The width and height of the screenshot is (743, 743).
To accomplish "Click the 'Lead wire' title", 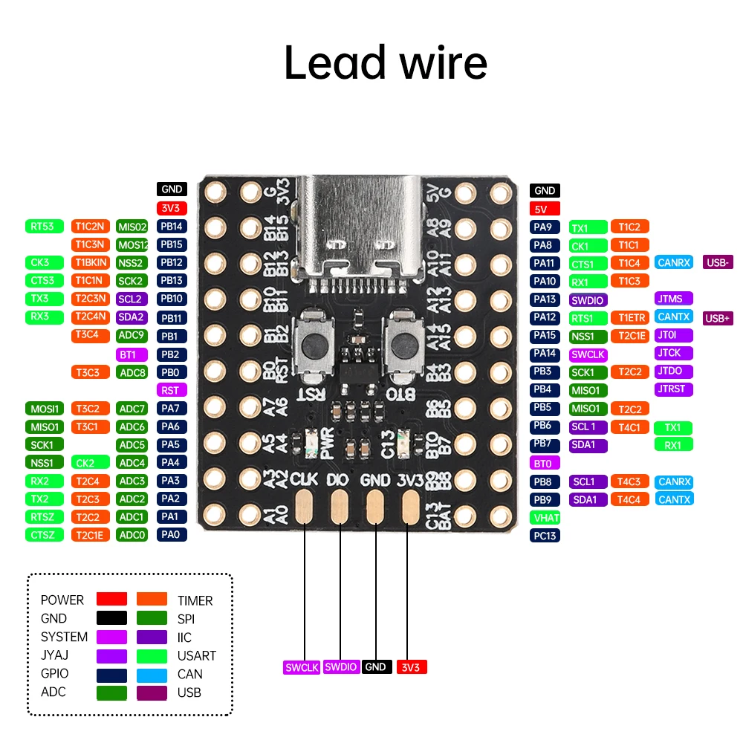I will coord(386,63).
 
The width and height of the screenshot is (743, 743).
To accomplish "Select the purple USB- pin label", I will coord(718,262).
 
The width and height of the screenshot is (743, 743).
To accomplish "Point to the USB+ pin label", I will coord(718,317).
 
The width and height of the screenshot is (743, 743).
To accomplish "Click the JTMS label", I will coord(674,299).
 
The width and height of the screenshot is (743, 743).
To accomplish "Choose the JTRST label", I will coord(674,389).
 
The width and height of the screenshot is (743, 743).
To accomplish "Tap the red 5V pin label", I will coord(545,209).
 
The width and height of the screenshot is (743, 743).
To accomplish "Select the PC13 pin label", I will coord(545,535).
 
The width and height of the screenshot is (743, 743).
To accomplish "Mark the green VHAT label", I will coord(545,517).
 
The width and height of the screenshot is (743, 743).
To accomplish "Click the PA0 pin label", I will coord(172,534).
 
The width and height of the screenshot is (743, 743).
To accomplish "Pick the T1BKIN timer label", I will coord(91,262).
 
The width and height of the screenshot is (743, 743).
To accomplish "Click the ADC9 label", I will coord(132,335).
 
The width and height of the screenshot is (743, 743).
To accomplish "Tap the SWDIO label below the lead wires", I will coord(342,666).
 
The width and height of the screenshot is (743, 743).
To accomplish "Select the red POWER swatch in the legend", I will coord(111,599).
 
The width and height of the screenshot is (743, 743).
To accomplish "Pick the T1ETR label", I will coord(630,317).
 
